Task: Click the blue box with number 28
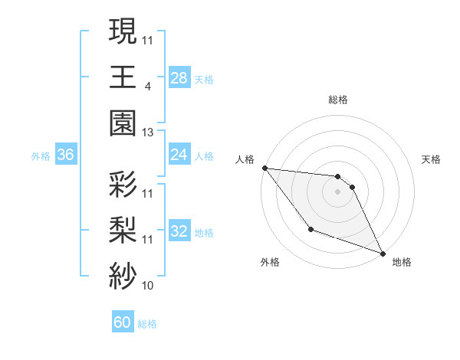click(179, 78)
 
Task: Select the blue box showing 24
click(179, 155)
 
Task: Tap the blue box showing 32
click(179, 231)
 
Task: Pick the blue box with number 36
click(65, 155)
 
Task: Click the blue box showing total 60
click(123, 322)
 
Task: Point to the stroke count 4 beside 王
click(147, 87)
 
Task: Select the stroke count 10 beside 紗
click(148, 286)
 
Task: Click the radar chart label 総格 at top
click(337, 100)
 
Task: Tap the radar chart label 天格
click(431, 159)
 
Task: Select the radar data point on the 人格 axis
click(264, 168)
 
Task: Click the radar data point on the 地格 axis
click(383, 254)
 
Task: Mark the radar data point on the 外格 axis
click(310, 229)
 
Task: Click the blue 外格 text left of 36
click(41, 156)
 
